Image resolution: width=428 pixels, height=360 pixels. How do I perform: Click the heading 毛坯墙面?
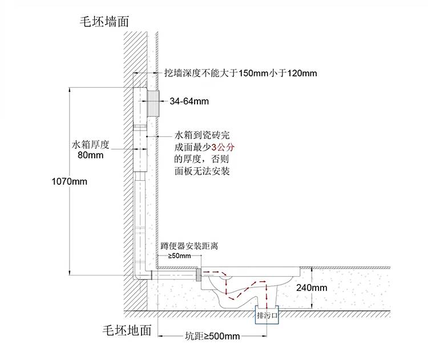[x=104, y=22]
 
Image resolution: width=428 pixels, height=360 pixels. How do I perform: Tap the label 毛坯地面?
[x=127, y=330]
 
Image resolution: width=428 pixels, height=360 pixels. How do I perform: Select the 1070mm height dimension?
[x=69, y=182]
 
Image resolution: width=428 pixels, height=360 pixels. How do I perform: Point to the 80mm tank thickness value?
[x=90, y=155]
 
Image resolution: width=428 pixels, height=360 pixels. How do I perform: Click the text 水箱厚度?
[x=90, y=144]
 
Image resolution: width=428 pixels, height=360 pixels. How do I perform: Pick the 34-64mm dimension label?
[x=189, y=102]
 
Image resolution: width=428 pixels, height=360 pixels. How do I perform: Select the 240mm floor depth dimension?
[x=312, y=288]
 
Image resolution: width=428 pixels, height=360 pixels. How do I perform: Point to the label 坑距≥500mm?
[x=213, y=336]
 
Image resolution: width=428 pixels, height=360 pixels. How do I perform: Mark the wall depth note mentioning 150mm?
[x=240, y=73]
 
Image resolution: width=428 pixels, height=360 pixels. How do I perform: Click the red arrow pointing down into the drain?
[x=266, y=297]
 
